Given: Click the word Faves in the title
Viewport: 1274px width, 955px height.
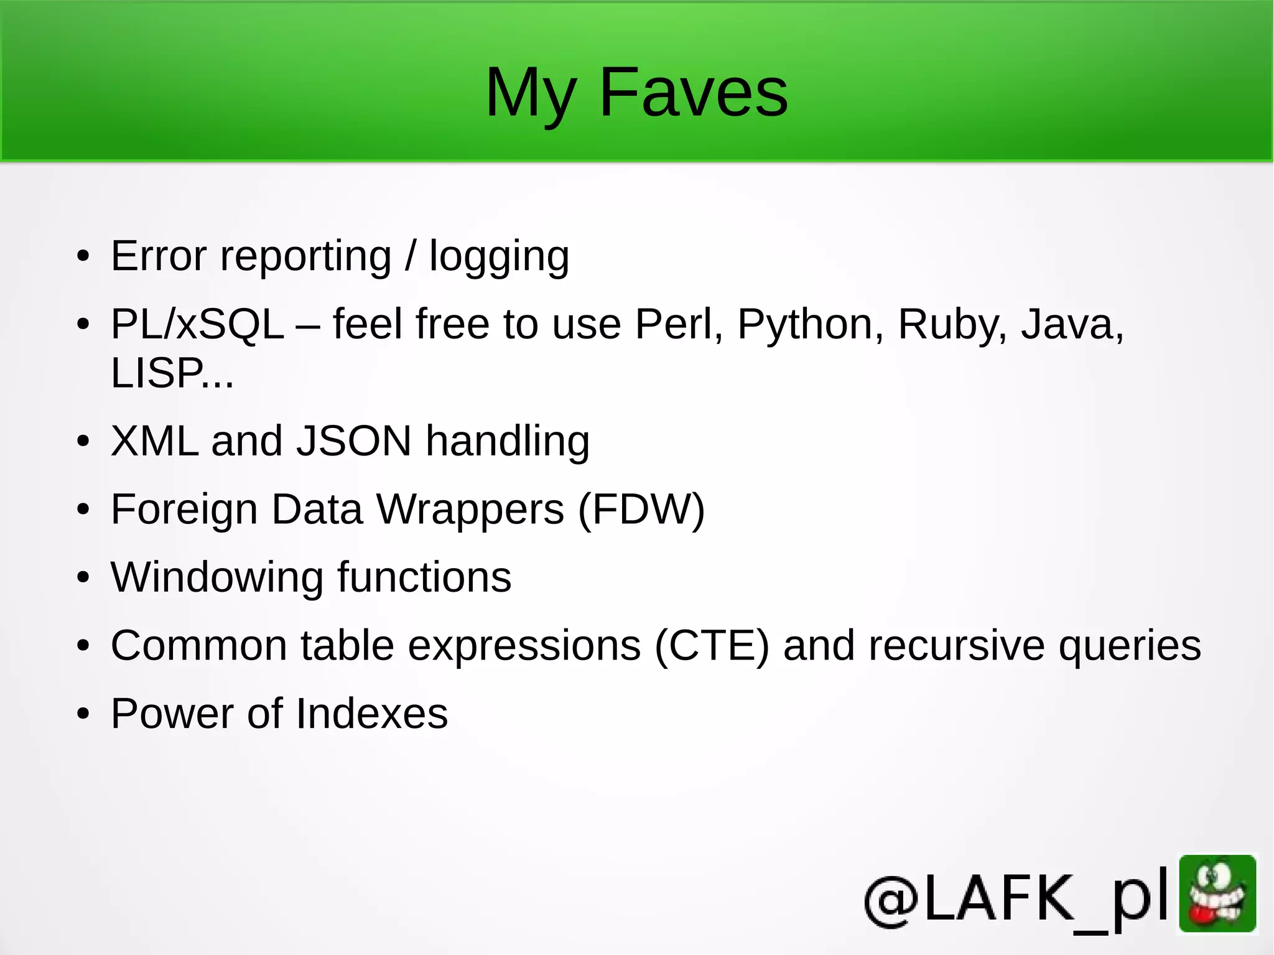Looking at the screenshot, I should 694,93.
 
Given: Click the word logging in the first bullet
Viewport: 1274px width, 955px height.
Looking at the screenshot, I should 499,257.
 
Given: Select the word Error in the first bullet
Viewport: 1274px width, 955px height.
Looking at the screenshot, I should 159,256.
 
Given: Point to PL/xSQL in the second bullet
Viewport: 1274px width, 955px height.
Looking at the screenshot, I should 197,325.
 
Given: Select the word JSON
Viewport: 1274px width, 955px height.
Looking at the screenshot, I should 353,441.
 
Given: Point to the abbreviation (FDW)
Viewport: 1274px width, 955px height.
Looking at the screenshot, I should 641,510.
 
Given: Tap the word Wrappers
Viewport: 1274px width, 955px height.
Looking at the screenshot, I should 470,510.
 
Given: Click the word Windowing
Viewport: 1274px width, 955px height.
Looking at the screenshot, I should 217,577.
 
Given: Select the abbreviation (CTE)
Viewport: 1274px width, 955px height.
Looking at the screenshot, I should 712,645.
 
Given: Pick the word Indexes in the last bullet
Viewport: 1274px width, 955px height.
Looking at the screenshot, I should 371,714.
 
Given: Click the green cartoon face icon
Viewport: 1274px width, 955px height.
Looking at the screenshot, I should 1217,893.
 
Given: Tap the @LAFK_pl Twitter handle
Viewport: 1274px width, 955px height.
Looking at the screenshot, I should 1016,898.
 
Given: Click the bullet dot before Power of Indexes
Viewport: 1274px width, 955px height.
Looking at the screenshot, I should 83,714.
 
